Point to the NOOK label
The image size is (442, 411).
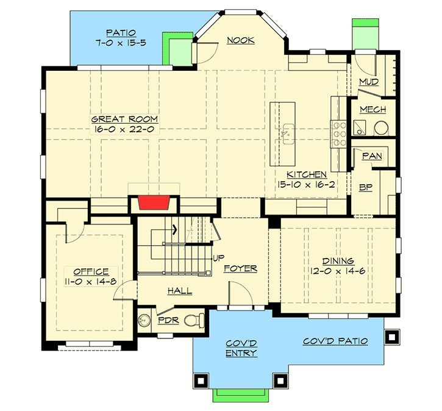241,41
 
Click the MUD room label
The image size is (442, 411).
368,82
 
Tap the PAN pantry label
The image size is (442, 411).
371,156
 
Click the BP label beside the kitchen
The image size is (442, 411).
366,188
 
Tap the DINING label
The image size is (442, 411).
338,260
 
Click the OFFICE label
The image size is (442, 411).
91,271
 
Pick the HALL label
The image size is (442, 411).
180,291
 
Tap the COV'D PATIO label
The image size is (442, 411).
335,341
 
